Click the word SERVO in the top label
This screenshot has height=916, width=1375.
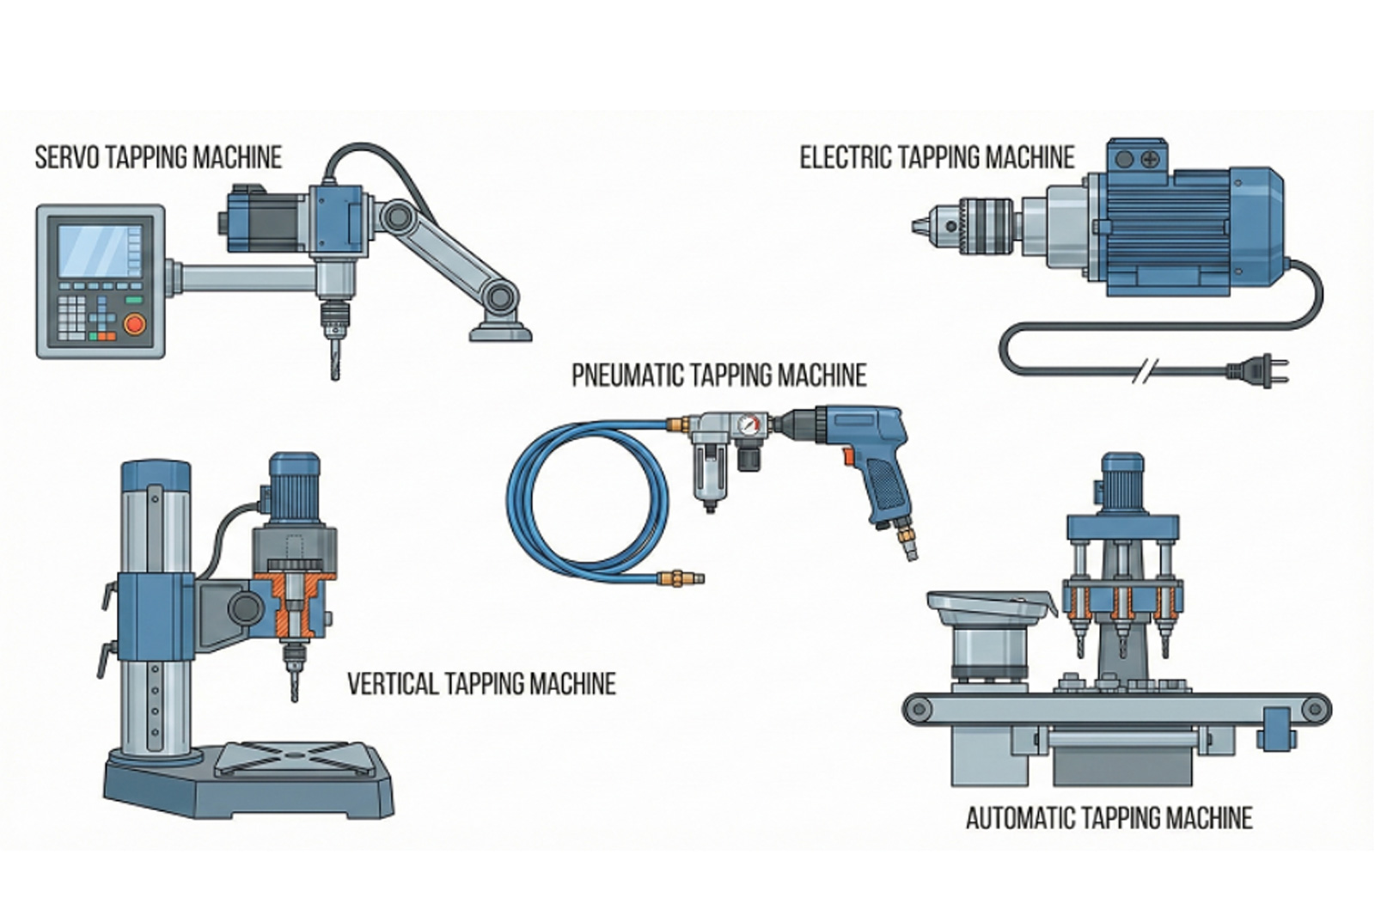(64, 158)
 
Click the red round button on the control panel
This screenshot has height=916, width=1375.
(133, 325)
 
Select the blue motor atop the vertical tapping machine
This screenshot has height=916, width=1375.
(294, 485)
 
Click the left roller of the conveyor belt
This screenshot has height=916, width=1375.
(920, 710)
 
